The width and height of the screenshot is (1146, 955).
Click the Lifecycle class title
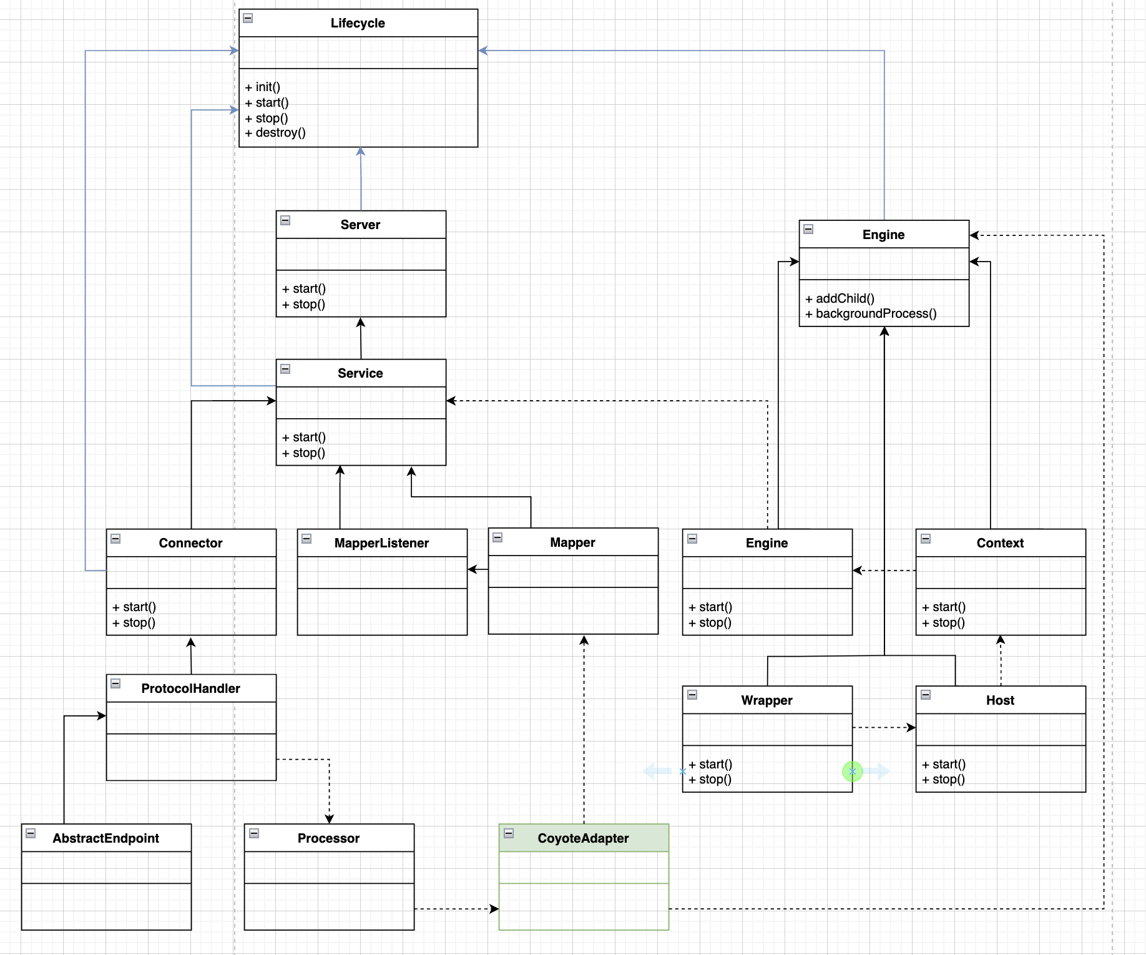click(x=358, y=23)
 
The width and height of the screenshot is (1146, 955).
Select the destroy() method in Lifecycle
click(x=275, y=133)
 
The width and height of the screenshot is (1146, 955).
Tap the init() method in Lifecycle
click(x=263, y=87)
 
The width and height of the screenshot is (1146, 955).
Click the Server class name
click(x=360, y=225)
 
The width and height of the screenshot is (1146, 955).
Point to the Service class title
click(x=360, y=373)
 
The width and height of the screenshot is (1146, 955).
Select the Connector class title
click(x=190, y=543)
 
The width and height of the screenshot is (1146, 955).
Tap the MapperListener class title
click(x=381, y=543)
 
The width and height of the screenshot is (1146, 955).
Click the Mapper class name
click(x=572, y=542)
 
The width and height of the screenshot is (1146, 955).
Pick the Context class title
click(x=1000, y=543)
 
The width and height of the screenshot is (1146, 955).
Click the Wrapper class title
click(x=766, y=700)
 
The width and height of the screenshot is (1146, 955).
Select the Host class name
click(x=1000, y=700)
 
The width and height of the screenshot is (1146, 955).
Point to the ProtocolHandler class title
click(x=190, y=688)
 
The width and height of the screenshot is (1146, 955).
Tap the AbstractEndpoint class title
click(x=105, y=838)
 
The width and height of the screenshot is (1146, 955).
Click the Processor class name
click(x=328, y=838)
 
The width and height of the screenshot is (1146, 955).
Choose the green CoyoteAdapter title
click(x=583, y=838)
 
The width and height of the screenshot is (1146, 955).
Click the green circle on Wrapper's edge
click(x=852, y=771)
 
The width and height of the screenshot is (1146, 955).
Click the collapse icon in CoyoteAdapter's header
click(x=509, y=833)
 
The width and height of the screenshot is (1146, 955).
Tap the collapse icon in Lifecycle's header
click(x=248, y=18)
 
